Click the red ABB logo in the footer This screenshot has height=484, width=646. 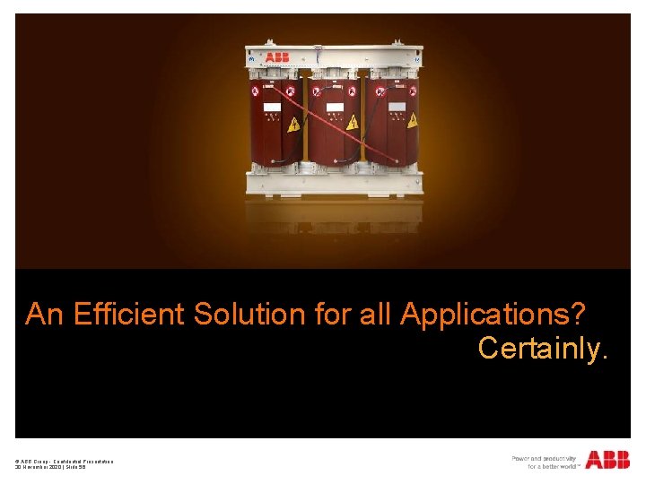[607, 460]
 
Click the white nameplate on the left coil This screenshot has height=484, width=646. [271, 109]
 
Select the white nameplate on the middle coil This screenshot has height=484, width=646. [335, 108]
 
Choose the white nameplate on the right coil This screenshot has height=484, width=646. [397, 108]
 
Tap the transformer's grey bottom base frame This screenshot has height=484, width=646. [335, 185]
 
